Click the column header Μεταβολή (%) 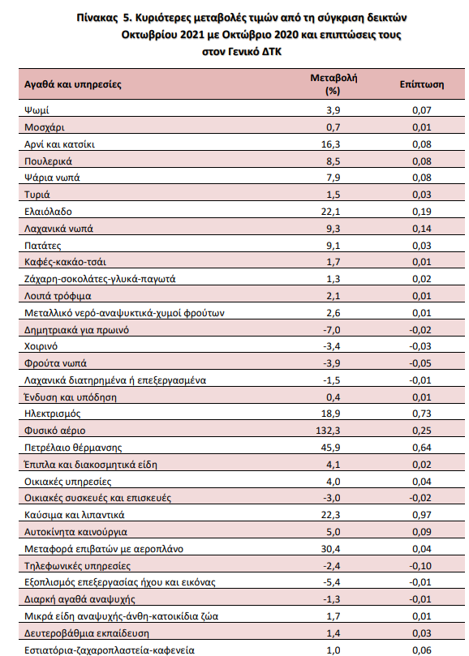333,84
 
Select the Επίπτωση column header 422,84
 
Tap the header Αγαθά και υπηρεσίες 73,84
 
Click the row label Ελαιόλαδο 48,212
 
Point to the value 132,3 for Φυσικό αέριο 328,431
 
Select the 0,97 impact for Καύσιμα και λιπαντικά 422,515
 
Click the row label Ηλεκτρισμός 53,414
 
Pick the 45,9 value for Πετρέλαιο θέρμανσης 331,448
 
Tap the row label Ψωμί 37,110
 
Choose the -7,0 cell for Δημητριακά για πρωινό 332,330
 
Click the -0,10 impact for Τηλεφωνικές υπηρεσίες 420,566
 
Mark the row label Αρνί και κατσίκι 59,144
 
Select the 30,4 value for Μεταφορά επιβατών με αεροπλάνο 331,549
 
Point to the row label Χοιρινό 41,346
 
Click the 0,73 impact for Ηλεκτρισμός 422,414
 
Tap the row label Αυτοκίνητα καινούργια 75,532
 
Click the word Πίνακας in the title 97,18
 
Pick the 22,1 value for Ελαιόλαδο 331,212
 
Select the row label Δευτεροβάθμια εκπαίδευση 87,634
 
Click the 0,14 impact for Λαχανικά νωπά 422,229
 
